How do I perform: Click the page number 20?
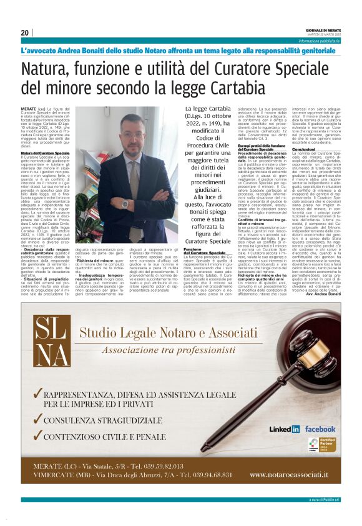pos(25,32)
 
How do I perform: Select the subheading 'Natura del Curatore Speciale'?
pos(45,152)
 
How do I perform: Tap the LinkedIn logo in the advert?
pos(285,429)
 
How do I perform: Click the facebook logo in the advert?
pos(320,429)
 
